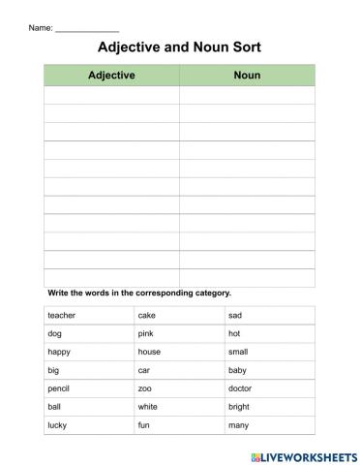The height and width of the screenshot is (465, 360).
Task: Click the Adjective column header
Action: point(111,75)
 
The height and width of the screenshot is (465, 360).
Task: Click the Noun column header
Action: point(247,75)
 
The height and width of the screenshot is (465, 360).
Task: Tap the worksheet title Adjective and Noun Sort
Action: point(180,46)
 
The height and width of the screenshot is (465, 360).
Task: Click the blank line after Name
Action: point(87,28)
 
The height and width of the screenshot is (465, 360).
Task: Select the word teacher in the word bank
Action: point(61,315)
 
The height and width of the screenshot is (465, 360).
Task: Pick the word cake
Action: point(146,315)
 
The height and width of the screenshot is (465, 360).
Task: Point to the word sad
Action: point(234,315)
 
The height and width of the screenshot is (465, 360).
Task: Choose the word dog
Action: point(54,333)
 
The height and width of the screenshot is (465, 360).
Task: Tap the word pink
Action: point(145,333)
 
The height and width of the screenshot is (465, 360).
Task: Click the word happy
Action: point(58,352)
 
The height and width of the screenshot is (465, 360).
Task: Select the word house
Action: point(149,352)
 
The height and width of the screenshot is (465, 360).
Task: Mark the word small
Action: point(238,352)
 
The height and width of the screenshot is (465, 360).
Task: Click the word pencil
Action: point(59,388)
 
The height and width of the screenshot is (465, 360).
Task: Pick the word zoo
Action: point(145,388)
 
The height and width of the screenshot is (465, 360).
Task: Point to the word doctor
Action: point(240,388)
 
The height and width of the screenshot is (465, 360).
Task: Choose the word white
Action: point(147,406)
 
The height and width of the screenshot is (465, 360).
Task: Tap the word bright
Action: point(239,406)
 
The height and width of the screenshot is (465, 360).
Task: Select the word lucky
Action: point(57,424)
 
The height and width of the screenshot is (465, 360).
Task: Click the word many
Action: point(238,424)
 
